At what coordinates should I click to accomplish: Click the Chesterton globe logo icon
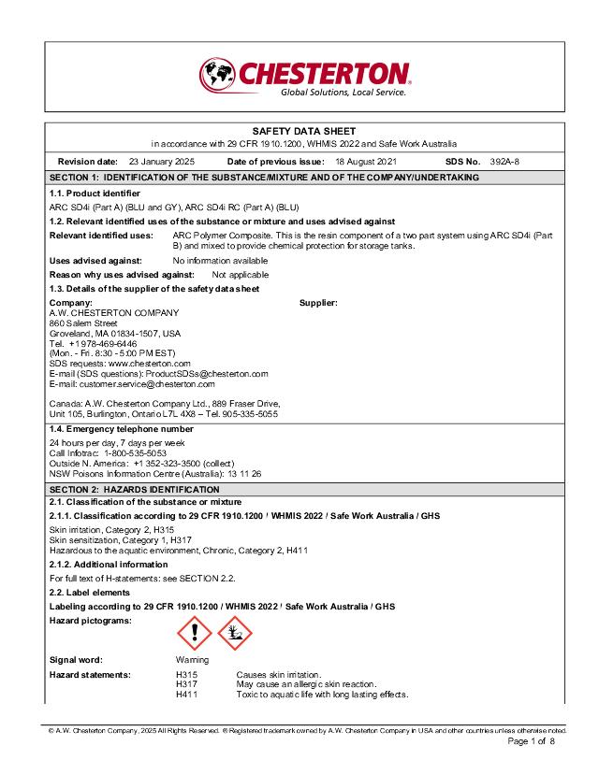pos(217,74)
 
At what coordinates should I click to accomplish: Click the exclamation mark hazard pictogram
pos(195,636)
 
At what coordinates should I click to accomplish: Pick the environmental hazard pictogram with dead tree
pos(235,636)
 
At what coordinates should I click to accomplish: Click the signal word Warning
pos(193,659)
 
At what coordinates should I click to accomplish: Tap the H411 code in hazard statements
pos(186,695)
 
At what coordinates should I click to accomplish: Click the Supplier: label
pos(318,303)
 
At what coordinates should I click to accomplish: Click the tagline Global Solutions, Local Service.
pos(343,93)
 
